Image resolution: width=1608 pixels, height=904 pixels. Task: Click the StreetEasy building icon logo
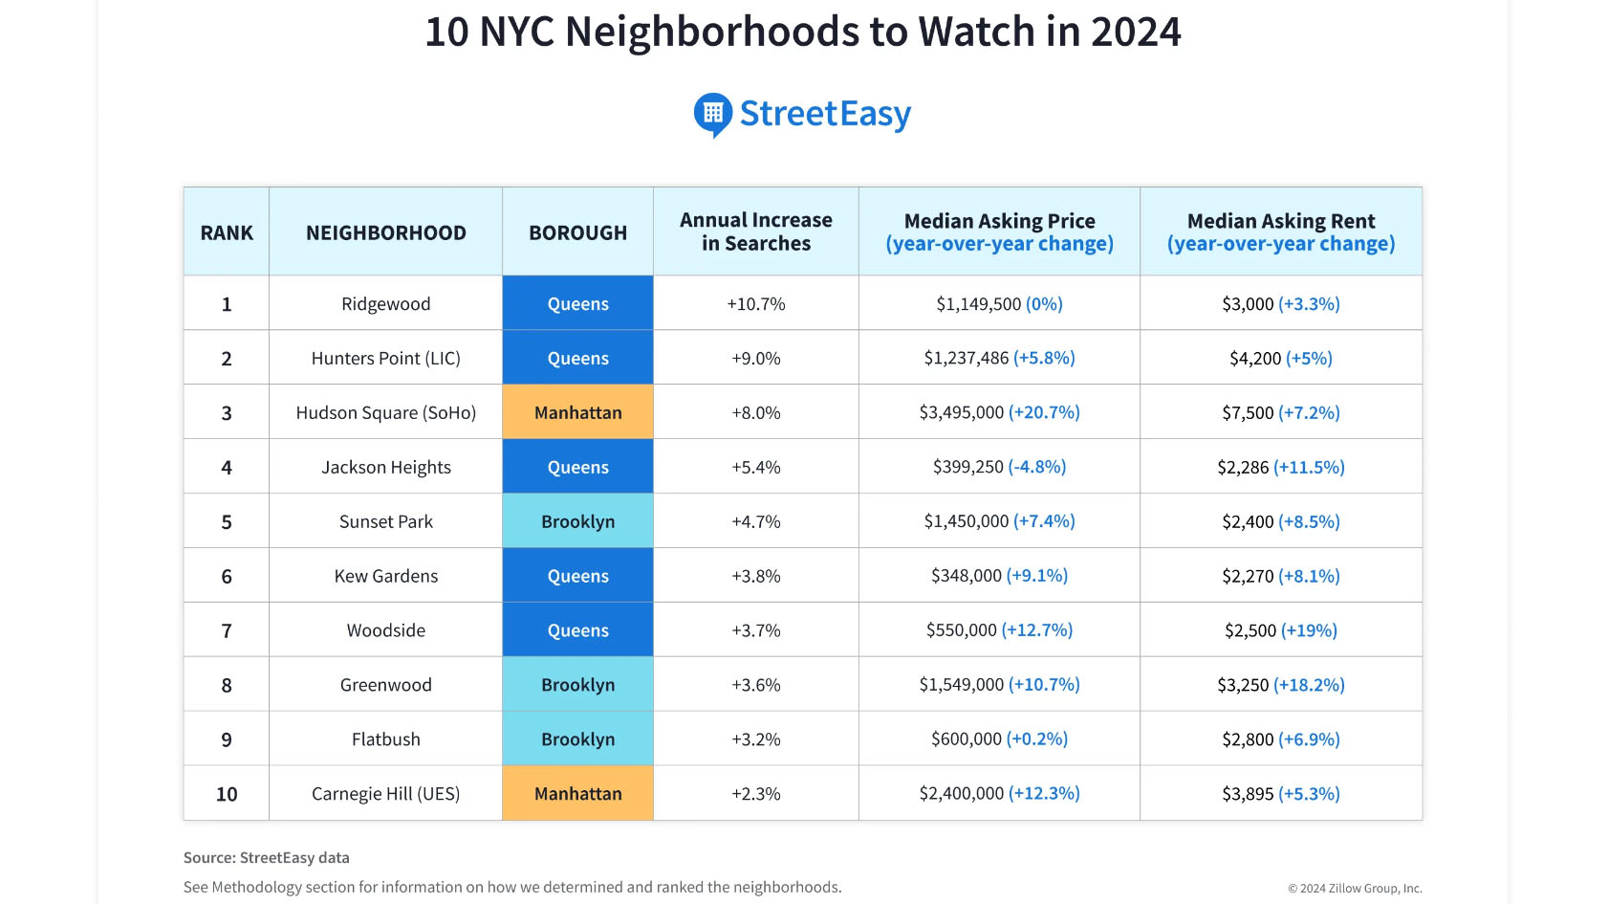pyautogui.click(x=713, y=115)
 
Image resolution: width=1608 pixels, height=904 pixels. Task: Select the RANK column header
pyautogui.click(x=227, y=232)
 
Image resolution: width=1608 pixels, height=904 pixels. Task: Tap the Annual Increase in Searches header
pyautogui.click(x=755, y=232)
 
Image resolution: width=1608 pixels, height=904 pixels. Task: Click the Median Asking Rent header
pyautogui.click(x=1280, y=232)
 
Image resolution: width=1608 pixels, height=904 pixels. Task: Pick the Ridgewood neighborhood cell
pyautogui.click(x=385, y=304)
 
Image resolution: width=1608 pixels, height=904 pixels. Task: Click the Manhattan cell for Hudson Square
pyautogui.click(x=577, y=412)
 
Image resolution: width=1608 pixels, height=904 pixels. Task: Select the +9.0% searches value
pyautogui.click(x=755, y=359)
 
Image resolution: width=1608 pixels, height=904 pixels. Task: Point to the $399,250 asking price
pyautogui.click(x=967, y=467)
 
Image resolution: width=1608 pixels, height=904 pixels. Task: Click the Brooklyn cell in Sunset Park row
pyautogui.click(x=577, y=521)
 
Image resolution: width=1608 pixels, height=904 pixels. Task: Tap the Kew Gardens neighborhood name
pyautogui.click(x=385, y=576)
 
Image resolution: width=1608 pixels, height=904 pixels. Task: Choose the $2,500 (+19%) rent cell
pyautogui.click(x=1280, y=630)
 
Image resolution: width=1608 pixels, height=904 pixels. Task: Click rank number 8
pyautogui.click(x=227, y=685)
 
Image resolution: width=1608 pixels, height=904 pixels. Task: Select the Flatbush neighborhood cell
pyautogui.click(x=385, y=739)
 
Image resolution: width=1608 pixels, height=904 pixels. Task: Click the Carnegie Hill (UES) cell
pyautogui.click(x=385, y=794)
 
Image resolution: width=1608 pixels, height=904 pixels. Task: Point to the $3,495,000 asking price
pyautogui.click(x=961, y=412)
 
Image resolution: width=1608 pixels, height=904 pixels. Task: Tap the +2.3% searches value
pyautogui.click(x=755, y=794)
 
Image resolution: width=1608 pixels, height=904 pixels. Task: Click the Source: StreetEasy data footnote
pyautogui.click(x=266, y=858)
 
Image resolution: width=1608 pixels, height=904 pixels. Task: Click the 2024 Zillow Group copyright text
pyautogui.click(x=1355, y=889)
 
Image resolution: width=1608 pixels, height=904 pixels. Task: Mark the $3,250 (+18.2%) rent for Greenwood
pyautogui.click(x=1280, y=685)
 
